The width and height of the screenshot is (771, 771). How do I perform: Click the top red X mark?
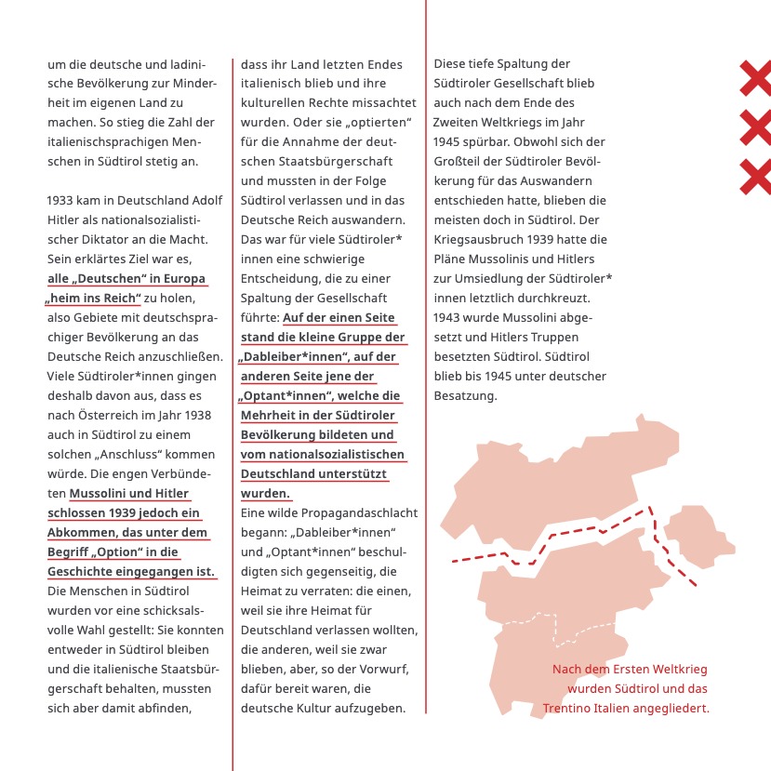click(x=755, y=78)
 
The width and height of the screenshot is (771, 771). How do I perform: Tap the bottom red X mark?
click(x=755, y=177)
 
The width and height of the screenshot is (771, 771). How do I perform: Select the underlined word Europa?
click(x=185, y=278)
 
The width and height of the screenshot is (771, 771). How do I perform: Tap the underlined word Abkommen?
click(x=83, y=533)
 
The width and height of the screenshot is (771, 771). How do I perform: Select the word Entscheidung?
click(x=282, y=279)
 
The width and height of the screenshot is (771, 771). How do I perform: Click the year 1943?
click(x=449, y=317)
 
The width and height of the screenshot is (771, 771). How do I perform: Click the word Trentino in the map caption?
click(x=570, y=708)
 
